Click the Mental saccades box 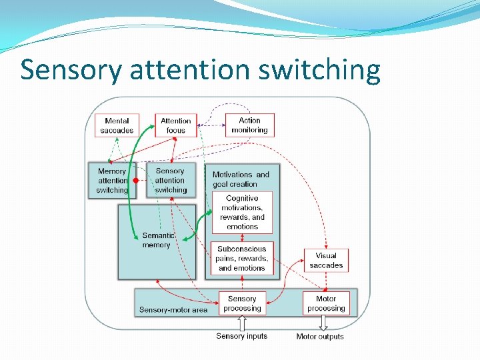click(x=117, y=125)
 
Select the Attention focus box click(x=176, y=125)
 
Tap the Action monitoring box click(x=249, y=125)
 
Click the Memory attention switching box click(x=112, y=180)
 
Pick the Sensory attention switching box click(x=171, y=180)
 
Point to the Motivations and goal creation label click(x=241, y=179)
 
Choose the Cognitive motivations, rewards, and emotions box click(x=242, y=212)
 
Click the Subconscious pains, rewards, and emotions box click(x=242, y=259)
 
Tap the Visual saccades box click(x=326, y=260)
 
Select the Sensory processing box click(x=242, y=303)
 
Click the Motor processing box click(x=326, y=303)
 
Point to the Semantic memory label click(x=157, y=240)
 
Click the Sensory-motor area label click(x=173, y=309)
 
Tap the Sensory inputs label click(x=241, y=336)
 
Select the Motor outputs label click(x=320, y=336)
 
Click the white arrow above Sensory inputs click(x=242, y=323)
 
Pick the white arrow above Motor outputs click(x=324, y=323)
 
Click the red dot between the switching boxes click(x=135, y=181)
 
